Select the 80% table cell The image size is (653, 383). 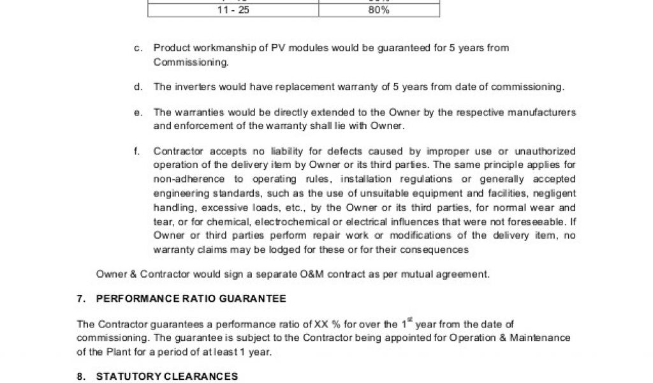pyautogui.click(x=379, y=10)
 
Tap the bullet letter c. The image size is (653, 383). pyautogui.click(x=137, y=48)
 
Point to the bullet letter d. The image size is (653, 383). pyautogui.click(x=137, y=87)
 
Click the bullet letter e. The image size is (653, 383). pyautogui.click(x=137, y=112)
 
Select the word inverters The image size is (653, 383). pyautogui.click(x=193, y=87)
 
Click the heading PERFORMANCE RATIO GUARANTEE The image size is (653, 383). pyautogui.click(x=191, y=299)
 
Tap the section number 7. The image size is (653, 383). pyautogui.click(x=80, y=299)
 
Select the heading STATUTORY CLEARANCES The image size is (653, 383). pyautogui.click(x=167, y=377)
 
